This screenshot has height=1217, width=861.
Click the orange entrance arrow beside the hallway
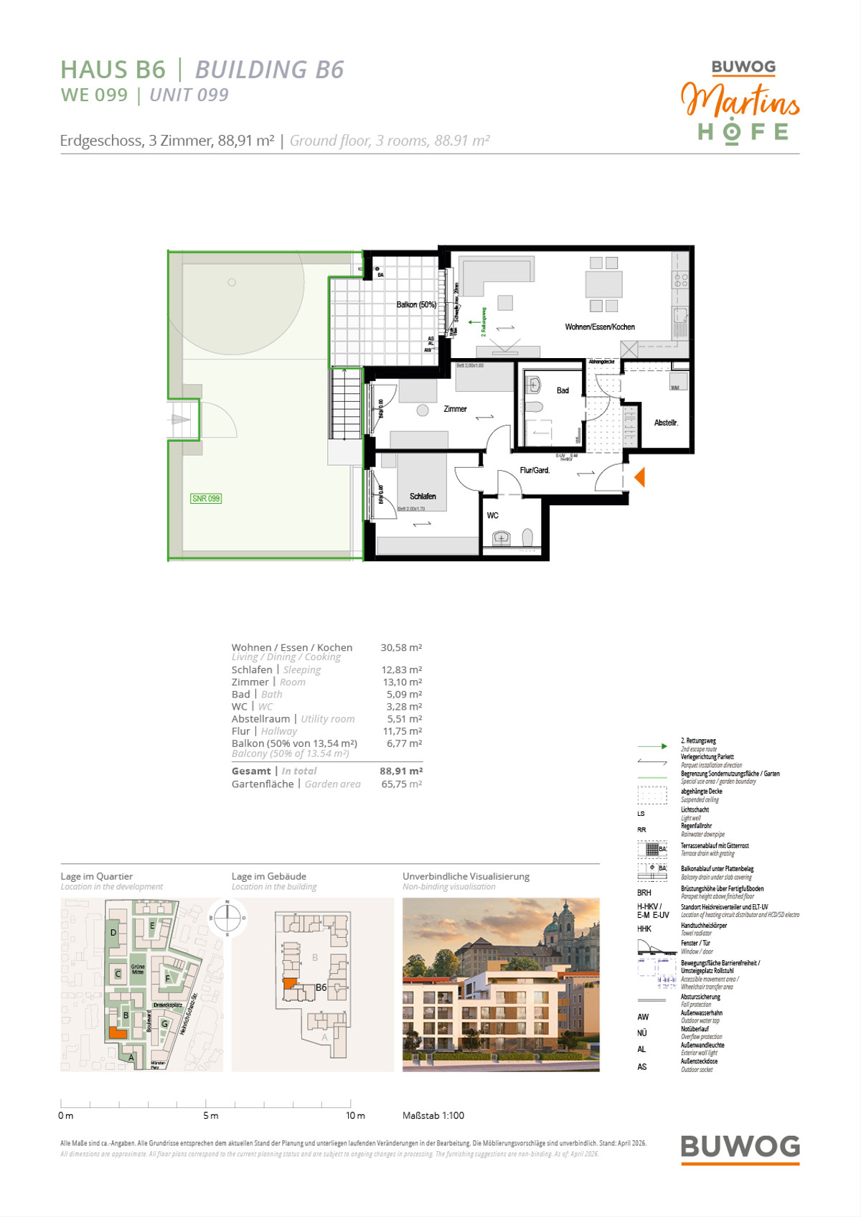(640, 477)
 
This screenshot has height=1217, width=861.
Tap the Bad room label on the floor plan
(563, 390)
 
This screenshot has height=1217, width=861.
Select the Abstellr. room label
(666, 423)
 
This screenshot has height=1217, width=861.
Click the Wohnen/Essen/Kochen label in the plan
(600, 327)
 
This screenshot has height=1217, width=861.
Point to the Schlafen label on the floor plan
(423, 497)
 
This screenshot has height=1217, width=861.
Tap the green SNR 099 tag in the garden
(206, 499)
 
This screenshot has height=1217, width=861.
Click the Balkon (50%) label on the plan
(416, 305)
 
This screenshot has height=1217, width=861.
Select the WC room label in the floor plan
(492, 515)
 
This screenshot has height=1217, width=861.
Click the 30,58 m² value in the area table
(401, 647)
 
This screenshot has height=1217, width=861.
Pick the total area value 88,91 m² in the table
(401, 771)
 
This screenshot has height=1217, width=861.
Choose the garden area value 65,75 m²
(401, 784)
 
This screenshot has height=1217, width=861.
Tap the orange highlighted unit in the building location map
(288, 984)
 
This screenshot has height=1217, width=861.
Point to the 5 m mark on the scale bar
(210, 1115)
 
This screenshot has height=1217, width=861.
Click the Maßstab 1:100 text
(433, 1115)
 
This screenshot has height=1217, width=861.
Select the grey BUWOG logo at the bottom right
(740, 1147)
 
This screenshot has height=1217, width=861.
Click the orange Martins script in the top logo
(740, 100)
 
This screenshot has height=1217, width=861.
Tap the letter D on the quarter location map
(113, 933)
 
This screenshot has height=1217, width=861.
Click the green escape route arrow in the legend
(652, 746)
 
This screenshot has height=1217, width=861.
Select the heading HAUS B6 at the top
(113, 70)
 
